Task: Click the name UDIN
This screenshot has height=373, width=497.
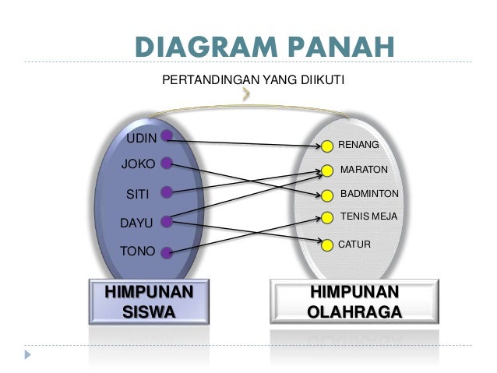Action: pos(141,139)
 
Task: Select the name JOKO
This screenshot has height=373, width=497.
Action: pos(138,164)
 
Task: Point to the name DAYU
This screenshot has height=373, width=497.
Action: pos(136,223)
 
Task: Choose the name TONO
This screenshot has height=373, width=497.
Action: pos(137,251)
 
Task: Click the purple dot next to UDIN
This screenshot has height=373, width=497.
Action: pos(167,135)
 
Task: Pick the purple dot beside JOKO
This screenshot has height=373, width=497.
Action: pos(167,164)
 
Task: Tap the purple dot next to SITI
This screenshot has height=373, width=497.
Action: pos(166,192)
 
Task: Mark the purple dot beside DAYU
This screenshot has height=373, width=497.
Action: pos(166,221)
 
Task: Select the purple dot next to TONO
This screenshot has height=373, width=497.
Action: pos(167,252)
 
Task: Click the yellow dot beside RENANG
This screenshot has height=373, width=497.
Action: pos(328,146)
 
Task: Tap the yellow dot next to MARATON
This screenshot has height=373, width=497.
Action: pos(328,171)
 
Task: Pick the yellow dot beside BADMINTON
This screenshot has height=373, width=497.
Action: pos(327,195)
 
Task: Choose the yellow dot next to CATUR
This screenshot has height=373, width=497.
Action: pos(327,244)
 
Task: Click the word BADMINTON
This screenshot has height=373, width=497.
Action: pos(369,194)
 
